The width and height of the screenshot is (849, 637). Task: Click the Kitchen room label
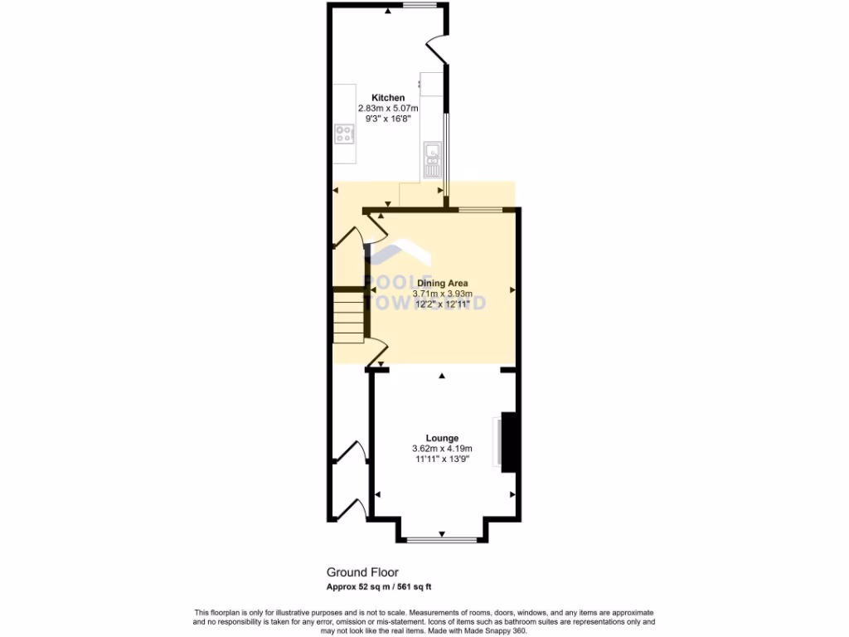coord(388,98)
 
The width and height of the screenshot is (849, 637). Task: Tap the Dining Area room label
coord(442,284)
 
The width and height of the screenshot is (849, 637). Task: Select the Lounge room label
coord(442,438)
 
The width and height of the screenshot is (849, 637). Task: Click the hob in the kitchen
coord(344,134)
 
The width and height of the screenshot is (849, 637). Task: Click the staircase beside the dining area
coord(348,316)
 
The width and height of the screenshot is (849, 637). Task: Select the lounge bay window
coord(442,540)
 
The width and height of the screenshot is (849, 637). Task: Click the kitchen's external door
coord(439,51)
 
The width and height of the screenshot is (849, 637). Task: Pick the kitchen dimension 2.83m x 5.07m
coord(388,109)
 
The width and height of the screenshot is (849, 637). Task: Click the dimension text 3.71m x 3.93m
coord(442,294)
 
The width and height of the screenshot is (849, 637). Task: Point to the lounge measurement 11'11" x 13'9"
coord(442,459)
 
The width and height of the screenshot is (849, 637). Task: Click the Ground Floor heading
coord(362,572)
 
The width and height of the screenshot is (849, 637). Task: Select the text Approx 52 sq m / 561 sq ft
coord(379,587)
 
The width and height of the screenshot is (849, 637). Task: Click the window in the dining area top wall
coord(481,209)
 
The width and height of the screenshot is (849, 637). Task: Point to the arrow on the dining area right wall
coord(513,289)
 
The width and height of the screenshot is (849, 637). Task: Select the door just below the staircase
coord(373,353)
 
